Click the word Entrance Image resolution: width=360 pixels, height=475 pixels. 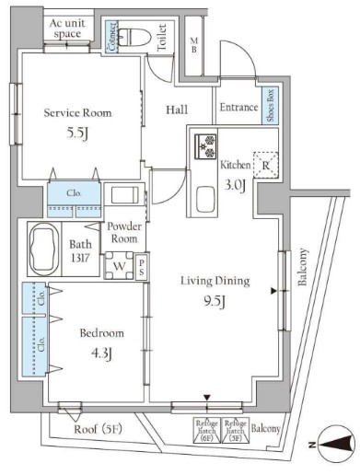coord(238,108)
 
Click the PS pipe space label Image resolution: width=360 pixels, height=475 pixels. coord(141,268)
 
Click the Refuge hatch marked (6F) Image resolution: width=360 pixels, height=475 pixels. coord(205,428)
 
